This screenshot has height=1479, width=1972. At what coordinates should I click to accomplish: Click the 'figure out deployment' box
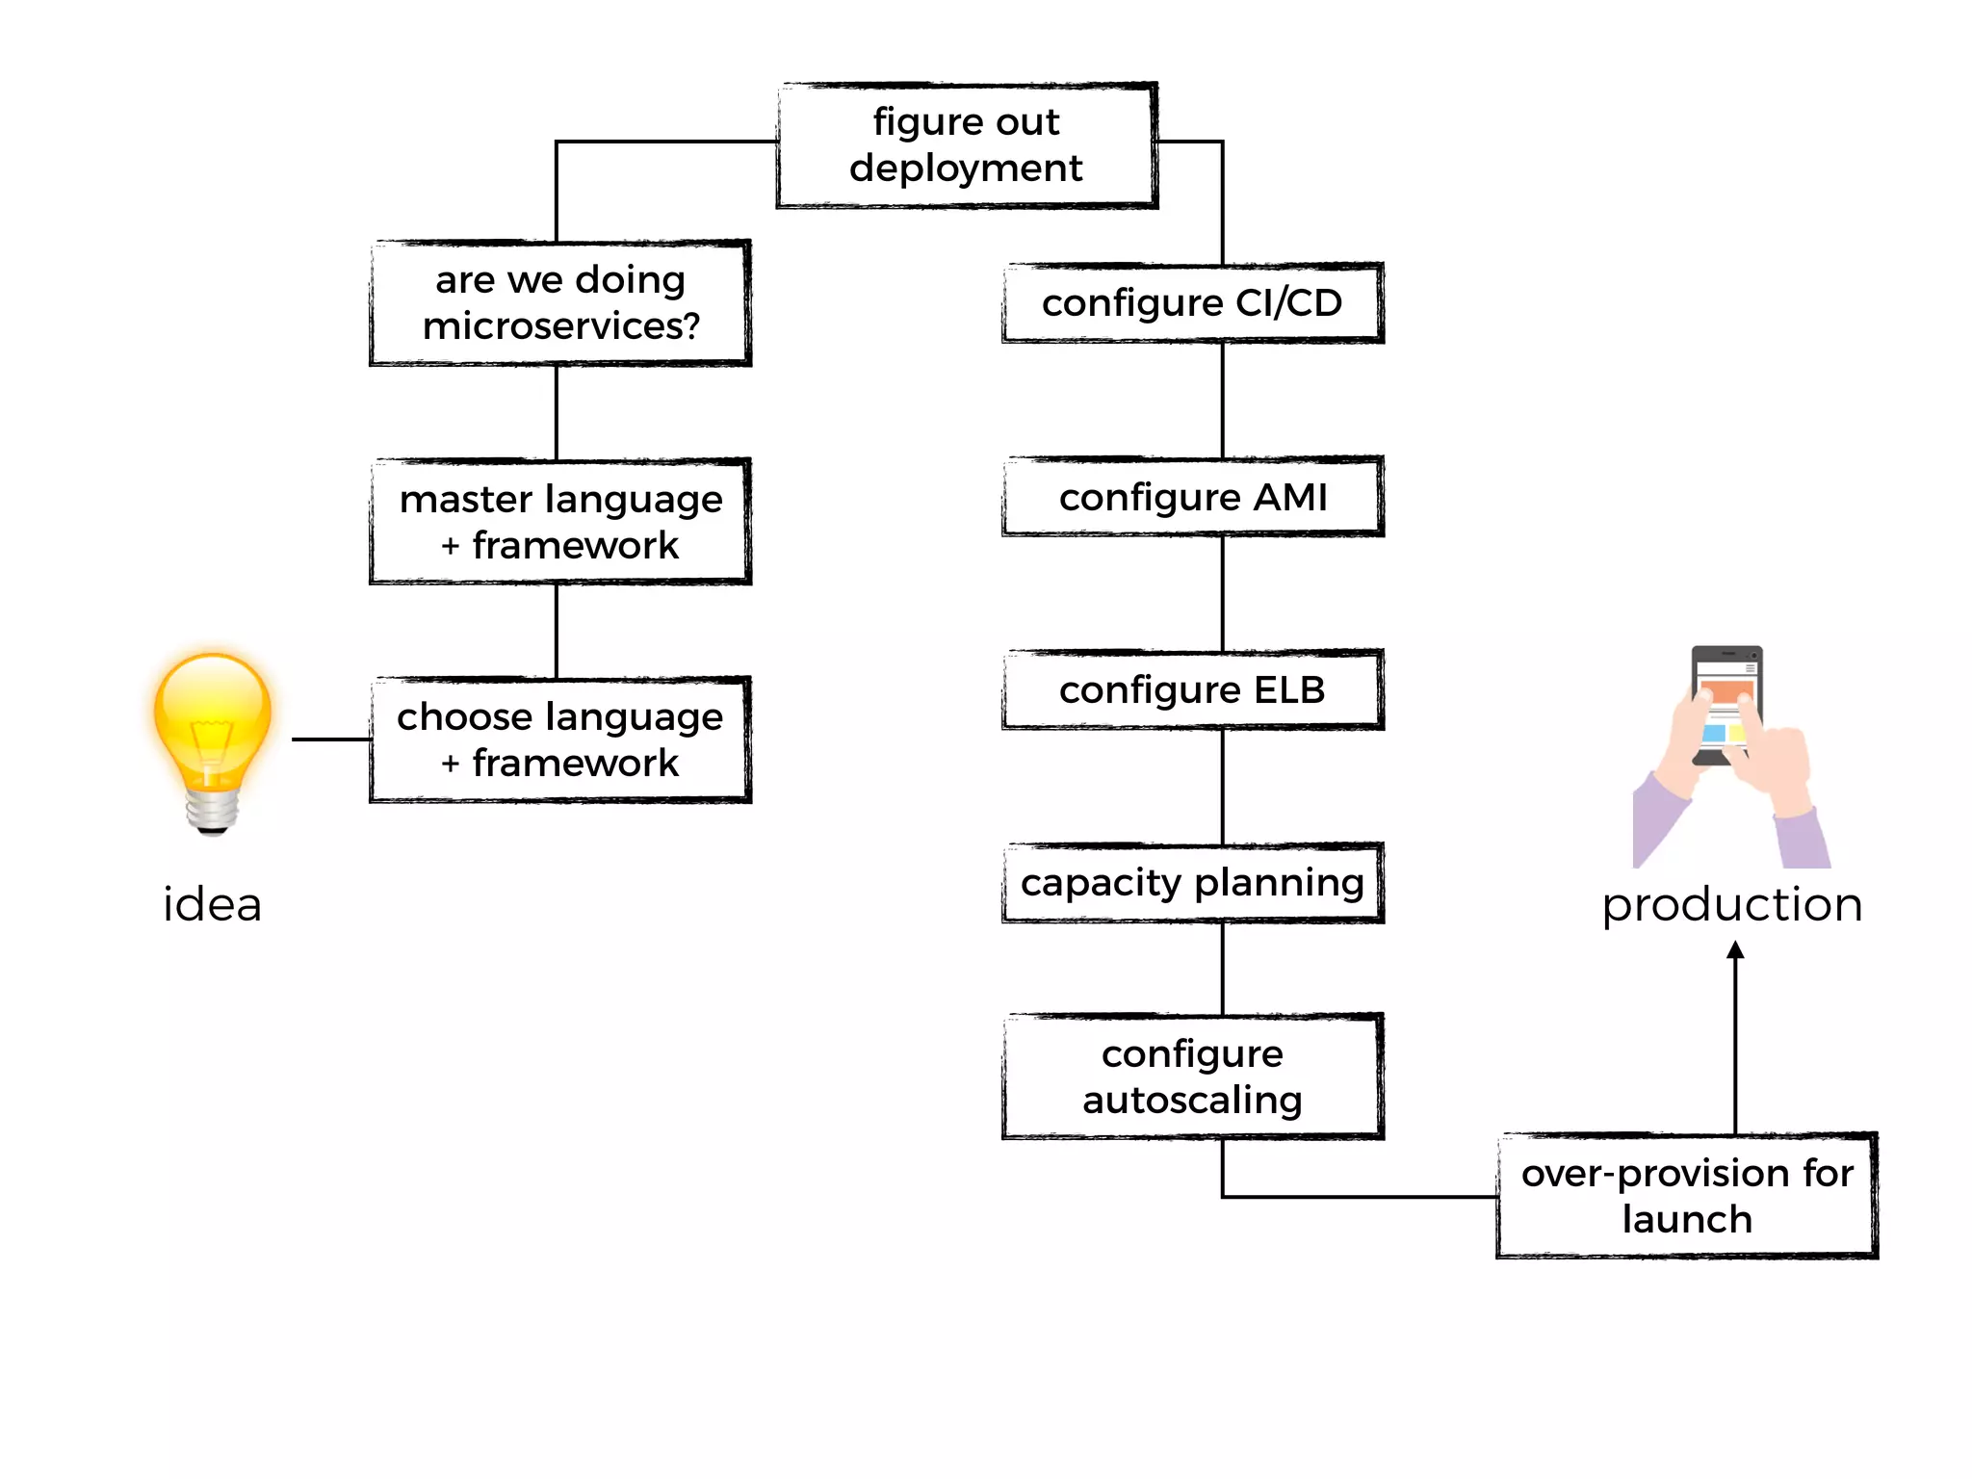pos(966,145)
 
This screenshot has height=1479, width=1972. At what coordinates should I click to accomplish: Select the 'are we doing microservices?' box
pos(559,303)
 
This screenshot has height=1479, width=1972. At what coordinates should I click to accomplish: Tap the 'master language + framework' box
pos(559,522)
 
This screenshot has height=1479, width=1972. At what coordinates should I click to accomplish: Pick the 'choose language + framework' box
pos(559,739)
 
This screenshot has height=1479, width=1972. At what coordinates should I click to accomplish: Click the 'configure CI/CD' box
pos(1192,303)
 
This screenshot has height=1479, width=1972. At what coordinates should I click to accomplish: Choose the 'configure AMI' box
pos(1192,497)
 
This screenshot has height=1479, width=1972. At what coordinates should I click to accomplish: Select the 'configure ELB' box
pos(1192,690)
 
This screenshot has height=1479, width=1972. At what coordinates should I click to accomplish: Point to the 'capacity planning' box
pos(1192,883)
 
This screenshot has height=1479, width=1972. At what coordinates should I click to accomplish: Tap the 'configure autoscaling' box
pos(1192,1077)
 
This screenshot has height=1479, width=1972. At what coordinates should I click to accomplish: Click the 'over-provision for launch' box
pos(1687,1196)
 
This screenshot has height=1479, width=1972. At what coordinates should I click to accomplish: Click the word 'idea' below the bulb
pos(212,905)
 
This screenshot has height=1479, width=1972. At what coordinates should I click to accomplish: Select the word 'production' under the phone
pos(1731,905)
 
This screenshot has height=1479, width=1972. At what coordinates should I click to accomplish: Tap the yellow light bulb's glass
pos(213,713)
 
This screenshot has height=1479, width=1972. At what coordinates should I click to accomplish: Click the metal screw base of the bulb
pos(213,811)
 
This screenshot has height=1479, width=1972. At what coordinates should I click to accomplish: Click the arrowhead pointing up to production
pos(1735,951)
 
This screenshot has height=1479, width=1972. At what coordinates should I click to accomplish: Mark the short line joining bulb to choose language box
pos(331,739)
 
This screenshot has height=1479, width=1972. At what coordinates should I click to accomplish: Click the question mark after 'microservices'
pos(689,326)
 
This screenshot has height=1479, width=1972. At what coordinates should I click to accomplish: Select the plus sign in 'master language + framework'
pos(450,547)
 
